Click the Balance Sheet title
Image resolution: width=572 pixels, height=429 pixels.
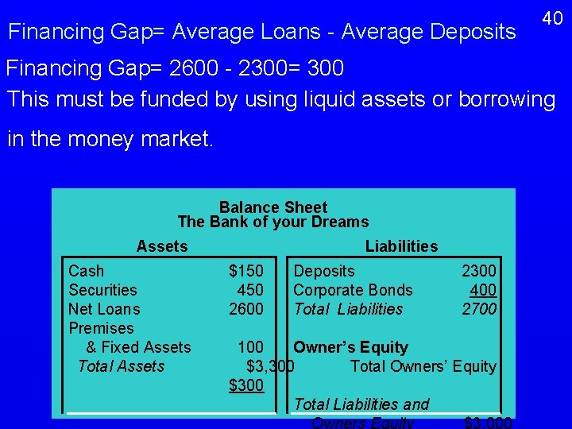[273, 207]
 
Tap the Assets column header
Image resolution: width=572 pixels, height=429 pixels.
[162, 246]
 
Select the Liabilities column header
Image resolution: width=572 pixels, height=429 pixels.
[401, 246]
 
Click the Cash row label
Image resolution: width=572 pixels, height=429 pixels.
[86, 271]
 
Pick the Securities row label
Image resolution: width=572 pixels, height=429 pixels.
[102, 290]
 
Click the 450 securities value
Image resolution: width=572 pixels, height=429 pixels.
[250, 290]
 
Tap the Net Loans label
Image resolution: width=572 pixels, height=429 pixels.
[104, 309]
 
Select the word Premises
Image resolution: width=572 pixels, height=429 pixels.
[101, 328]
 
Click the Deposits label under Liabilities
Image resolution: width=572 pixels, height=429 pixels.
[324, 271]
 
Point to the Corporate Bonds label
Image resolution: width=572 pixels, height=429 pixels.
[353, 290]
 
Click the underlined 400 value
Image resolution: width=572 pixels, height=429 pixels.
[483, 290]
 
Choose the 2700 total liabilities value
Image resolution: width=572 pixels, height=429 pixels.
[479, 309]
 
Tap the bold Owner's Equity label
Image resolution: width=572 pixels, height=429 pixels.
[350, 347]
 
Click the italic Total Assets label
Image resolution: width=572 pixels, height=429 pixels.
[121, 366]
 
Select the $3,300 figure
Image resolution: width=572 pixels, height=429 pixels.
[271, 366]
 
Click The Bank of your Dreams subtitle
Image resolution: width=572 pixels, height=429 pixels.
[273, 222]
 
